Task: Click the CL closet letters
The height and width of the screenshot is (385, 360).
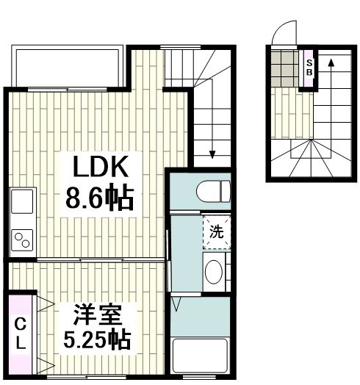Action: click(x=21, y=333)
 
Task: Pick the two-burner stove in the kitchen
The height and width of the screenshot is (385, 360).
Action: click(x=22, y=240)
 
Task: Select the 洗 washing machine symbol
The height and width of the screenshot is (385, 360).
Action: click(x=217, y=231)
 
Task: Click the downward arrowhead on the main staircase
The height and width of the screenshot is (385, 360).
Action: click(x=212, y=154)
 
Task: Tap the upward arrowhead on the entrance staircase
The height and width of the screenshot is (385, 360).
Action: click(x=331, y=63)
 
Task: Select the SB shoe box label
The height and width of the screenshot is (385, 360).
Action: click(x=309, y=68)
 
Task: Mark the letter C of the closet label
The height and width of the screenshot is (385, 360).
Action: click(x=21, y=324)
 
